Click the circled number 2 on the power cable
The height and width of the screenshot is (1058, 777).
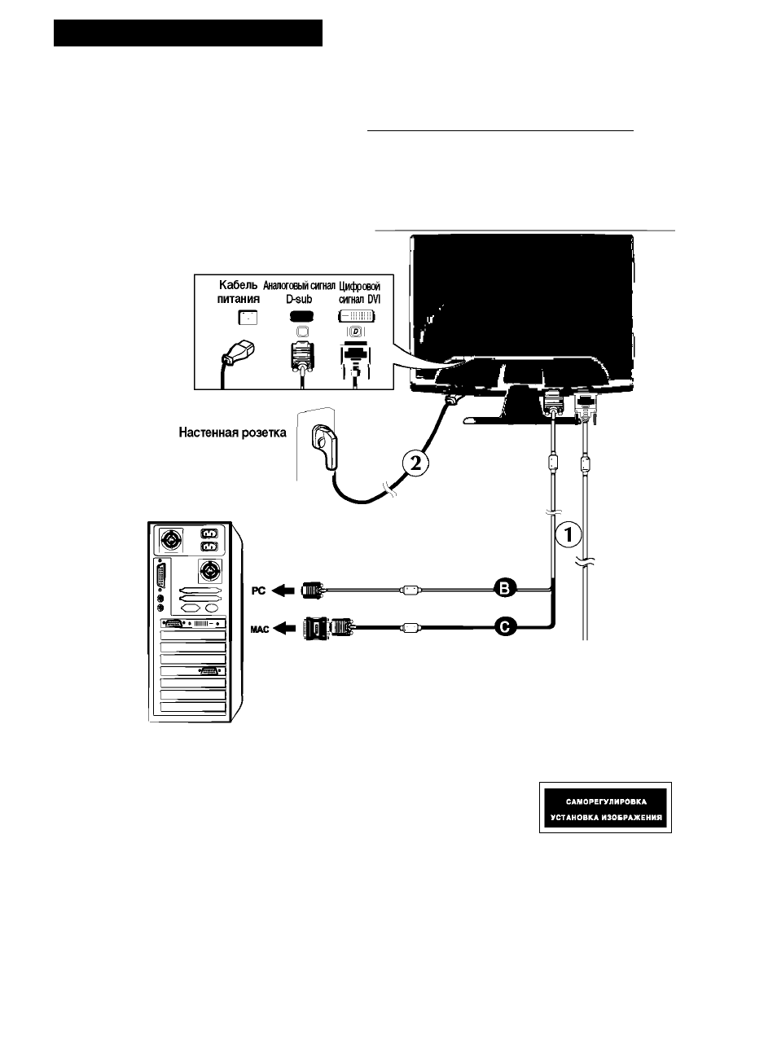pos(415,463)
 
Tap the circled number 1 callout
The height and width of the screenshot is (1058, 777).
pos(568,534)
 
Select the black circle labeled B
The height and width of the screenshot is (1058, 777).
pos(505,589)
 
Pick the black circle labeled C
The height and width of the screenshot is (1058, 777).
pos(505,627)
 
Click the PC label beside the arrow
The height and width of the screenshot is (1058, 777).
pos(258,590)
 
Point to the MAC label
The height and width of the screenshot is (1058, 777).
pos(260,629)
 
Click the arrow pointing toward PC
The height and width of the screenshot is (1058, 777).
pos(283,590)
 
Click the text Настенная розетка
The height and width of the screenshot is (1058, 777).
pos(232,432)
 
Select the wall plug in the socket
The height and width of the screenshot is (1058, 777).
pos(325,446)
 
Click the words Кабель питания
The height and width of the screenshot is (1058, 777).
pos(239,292)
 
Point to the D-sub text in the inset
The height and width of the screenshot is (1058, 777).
pos(299,299)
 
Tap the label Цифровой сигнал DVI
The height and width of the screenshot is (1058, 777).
pos(359,293)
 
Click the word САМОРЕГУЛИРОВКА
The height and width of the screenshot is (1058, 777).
pos(607,801)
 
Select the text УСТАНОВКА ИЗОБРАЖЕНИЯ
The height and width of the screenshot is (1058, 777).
pos(607,818)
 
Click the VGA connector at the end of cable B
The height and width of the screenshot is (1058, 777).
pos(312,590)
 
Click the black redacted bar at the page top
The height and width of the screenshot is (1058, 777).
pos(188,33)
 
